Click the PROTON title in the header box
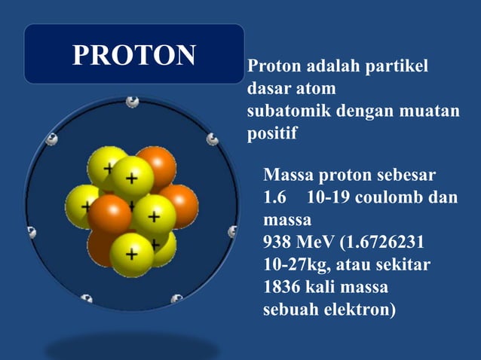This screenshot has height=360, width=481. (134, 54)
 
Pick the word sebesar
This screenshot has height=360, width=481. (406, 176)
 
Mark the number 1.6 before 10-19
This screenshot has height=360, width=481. (274, 199)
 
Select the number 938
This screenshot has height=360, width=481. (277, 243)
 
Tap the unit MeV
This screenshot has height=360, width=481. (316, 243)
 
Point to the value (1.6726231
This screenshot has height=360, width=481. (384, 243)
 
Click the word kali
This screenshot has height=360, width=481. (326, 287)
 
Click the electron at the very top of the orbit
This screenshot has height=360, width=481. (133, 101)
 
